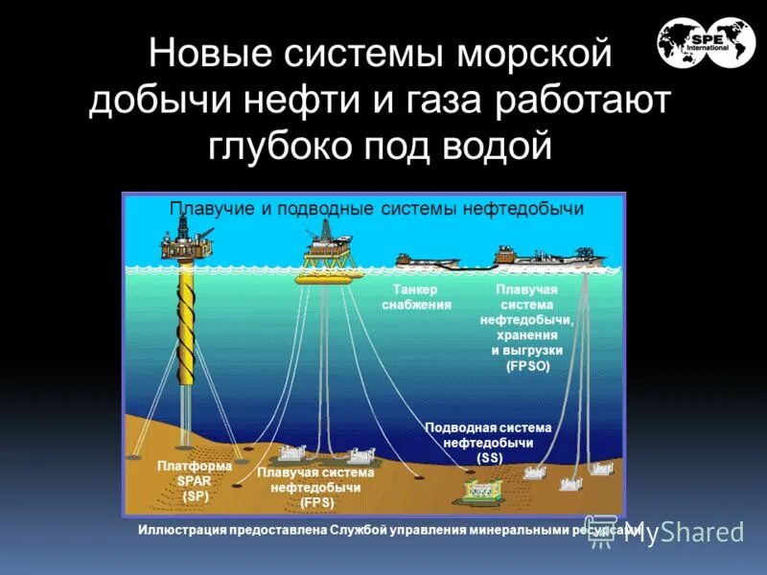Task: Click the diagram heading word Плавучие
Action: click(212, 208)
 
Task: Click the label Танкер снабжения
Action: click(416, 297)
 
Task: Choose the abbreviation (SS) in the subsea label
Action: click(488, 458)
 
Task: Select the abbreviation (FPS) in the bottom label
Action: click(315, 501)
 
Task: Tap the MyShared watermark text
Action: click(683, 532)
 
